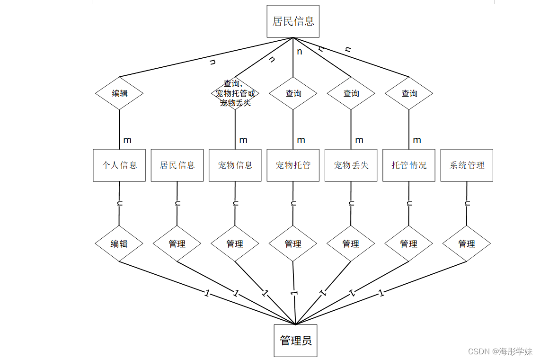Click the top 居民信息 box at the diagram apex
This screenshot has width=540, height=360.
click(293, 21)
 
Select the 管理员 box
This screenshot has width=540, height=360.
click(295, 341)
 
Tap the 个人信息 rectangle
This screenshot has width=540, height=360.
click(119, 165)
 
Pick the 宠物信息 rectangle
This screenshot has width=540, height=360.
click(235, 165)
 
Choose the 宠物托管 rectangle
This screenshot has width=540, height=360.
click(293, 165)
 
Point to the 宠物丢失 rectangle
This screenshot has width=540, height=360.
click(351, 165)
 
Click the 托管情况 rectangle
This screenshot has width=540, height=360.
click(409, 165)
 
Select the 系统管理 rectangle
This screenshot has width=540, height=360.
click(467, 165)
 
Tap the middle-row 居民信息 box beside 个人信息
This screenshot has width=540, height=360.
click(177, 165)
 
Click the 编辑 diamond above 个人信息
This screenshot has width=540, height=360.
click(119, 93)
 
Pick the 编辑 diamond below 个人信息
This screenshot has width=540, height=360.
click(119, 244)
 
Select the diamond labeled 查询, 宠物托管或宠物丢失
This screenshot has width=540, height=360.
click(235, 93)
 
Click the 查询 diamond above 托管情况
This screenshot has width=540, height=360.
click(409, 93)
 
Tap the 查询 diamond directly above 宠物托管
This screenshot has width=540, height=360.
click(293, 93)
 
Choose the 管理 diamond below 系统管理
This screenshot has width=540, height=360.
click(467, 244)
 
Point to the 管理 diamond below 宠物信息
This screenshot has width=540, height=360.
click(235, 244)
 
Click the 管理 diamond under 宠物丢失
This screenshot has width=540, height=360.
click(351, 244)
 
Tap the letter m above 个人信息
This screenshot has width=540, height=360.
click(127, 140)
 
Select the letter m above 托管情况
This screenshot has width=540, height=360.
click(417, 140)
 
